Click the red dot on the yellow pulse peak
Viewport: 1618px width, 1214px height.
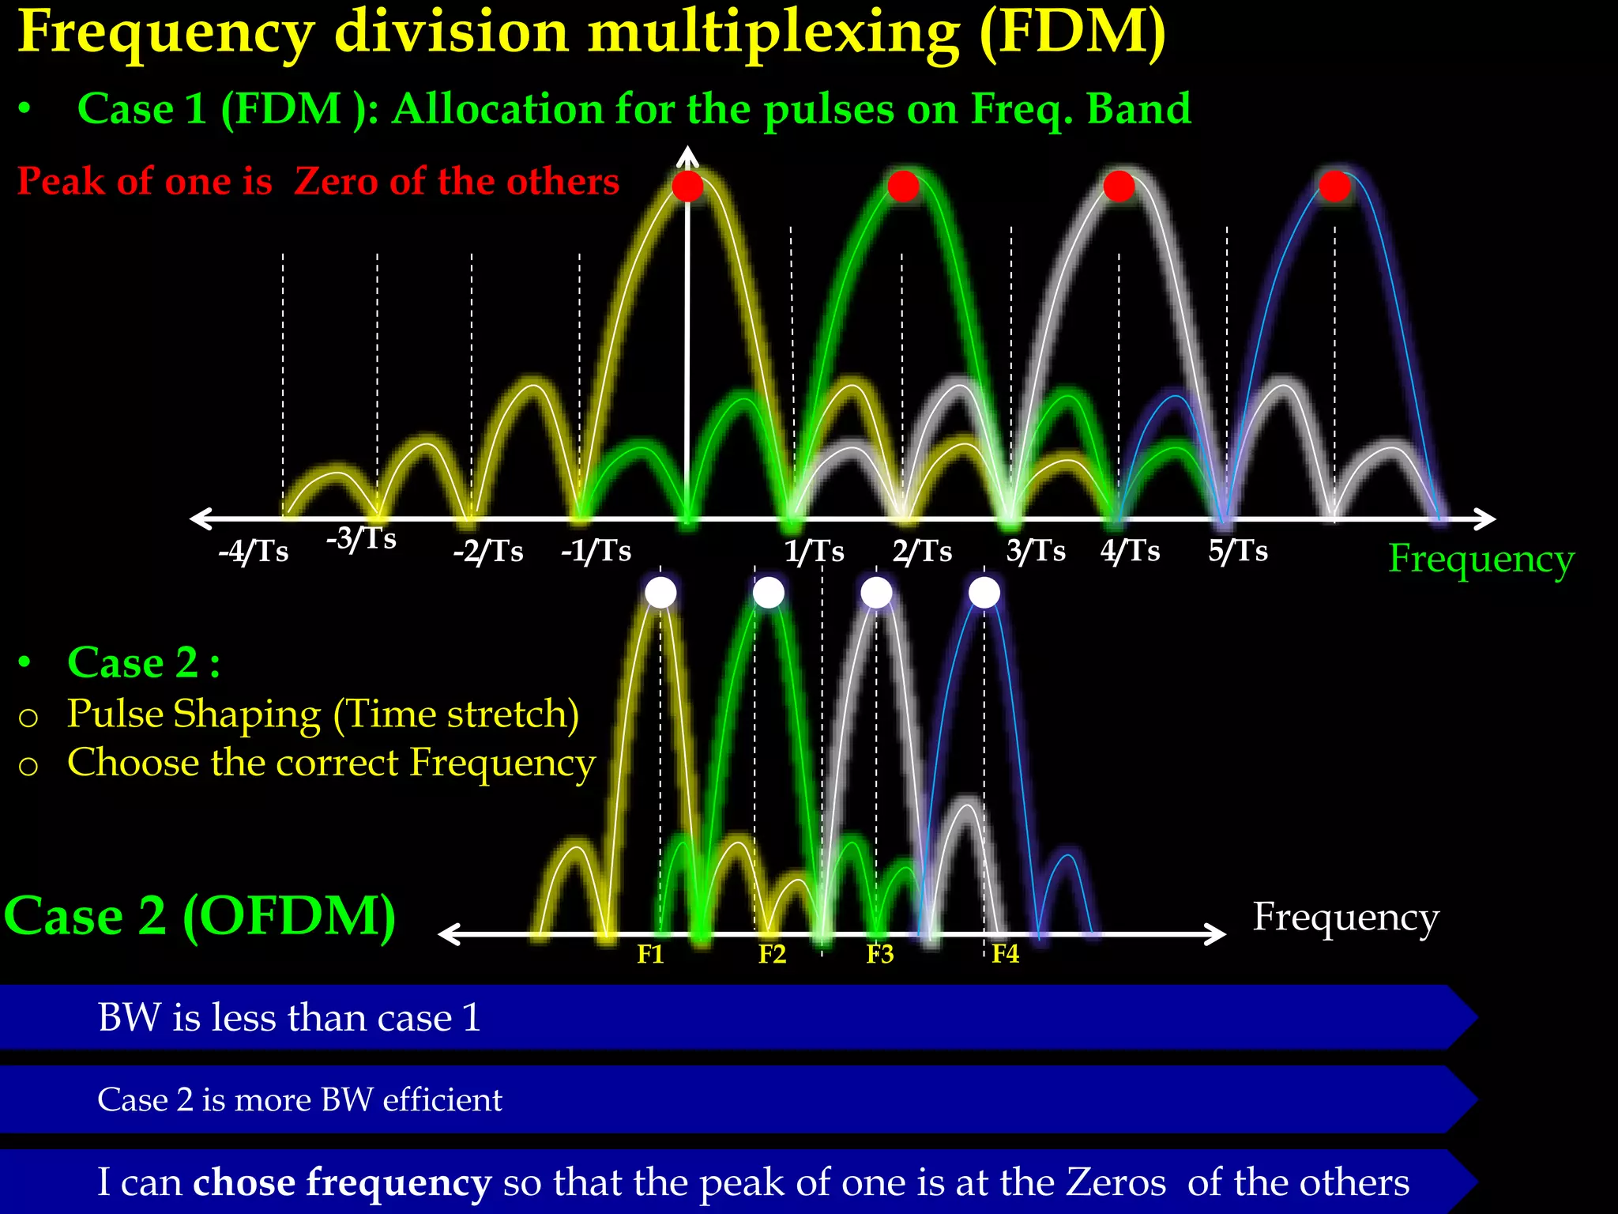click(687, 187)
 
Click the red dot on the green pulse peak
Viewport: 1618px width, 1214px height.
click(903, 187)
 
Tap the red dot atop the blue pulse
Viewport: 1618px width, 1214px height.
click(1334, 187)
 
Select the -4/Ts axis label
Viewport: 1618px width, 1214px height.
click(254, 552)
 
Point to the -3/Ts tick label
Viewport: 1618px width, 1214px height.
click(361, 539)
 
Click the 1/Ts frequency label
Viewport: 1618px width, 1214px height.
click(814, 551)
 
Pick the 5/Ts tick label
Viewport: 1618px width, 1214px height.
click(1237, 551)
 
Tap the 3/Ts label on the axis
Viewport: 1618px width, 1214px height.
click(1036, 551)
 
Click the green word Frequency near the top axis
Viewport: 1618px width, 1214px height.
click(1481, 560)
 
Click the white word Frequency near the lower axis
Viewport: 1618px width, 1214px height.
click(1345, 918)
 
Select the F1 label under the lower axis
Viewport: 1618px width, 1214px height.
click(650, 955)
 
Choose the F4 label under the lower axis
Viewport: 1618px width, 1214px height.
click(1005, 954)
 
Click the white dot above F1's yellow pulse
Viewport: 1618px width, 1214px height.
click(660, 592)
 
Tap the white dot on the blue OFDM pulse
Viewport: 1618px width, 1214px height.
click(984, 592)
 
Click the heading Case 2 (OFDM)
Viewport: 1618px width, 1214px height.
click(200, 917)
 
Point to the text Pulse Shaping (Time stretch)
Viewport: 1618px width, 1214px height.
click(322, 714)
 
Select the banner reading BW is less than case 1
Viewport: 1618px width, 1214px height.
click(289, 1017)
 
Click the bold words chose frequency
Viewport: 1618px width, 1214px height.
click(341, 1182)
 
